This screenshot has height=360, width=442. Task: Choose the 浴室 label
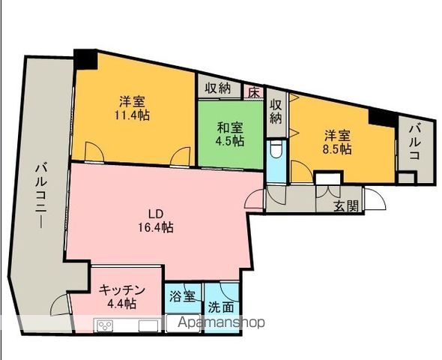pos(183,295)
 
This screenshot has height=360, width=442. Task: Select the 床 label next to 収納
pos(253,92)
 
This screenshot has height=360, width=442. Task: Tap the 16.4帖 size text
pos(156,227)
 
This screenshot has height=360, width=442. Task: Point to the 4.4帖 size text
pos(120,304)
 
